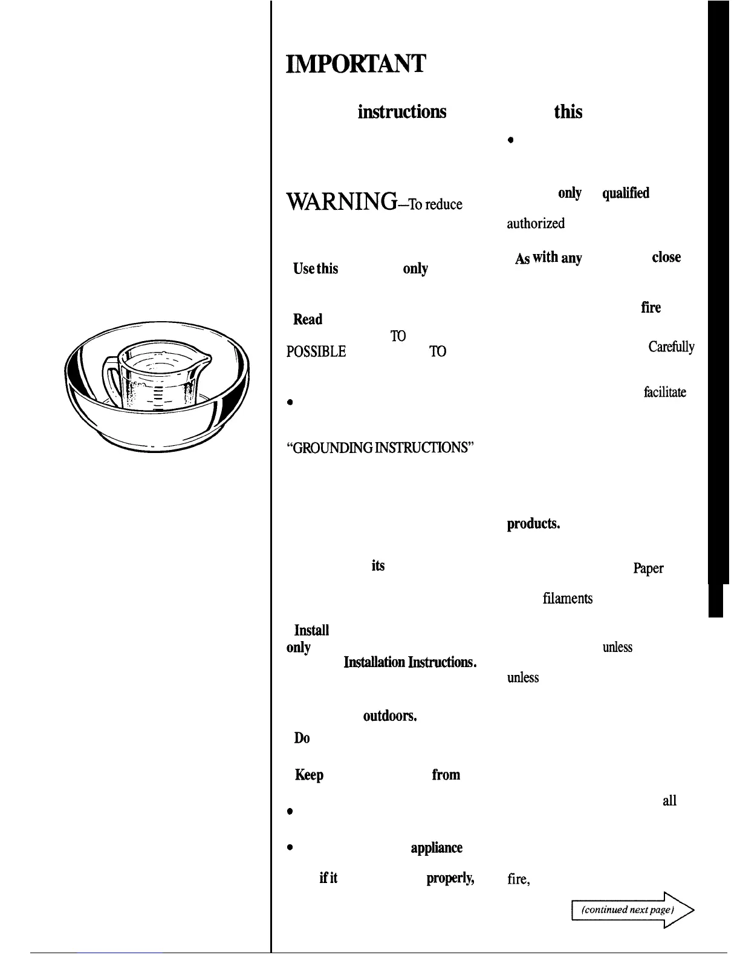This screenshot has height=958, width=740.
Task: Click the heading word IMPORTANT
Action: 356,64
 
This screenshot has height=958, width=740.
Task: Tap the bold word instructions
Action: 402,112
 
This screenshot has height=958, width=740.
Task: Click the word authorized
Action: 536,223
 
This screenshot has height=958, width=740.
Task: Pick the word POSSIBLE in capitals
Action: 316,351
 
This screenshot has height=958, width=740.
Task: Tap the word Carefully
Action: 671,347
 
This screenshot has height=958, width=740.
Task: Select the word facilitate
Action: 665,393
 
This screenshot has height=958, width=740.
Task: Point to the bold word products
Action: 533,524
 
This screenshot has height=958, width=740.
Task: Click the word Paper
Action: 648,569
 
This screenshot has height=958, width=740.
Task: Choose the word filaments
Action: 567,599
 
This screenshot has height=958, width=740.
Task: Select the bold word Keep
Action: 309,775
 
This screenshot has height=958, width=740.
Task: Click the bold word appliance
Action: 437,848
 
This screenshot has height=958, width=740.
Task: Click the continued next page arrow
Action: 632,910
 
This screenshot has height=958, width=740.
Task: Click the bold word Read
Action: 308,319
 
